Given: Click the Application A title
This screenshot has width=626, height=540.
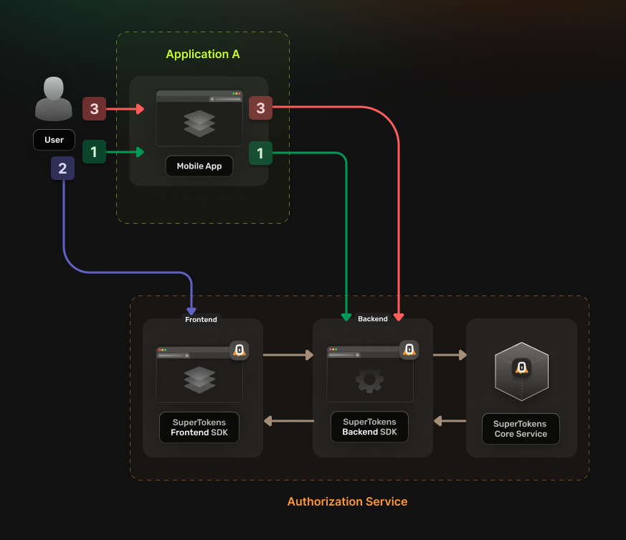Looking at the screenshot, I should (x=203, y=55).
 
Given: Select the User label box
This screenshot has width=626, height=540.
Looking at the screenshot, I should (x=54, y=140).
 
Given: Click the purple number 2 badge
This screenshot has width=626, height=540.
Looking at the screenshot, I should (x=62, y=169).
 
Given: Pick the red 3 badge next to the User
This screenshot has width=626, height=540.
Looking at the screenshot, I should (x=94, y=109).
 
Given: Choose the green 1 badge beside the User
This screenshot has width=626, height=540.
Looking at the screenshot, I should (x=94, y=152).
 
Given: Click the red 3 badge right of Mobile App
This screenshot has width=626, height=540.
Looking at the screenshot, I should (x=260, y=109).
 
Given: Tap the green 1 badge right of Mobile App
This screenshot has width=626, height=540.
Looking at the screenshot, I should (x=260, y=153).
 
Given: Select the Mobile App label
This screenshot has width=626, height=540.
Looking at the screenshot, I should (x=199, y=166).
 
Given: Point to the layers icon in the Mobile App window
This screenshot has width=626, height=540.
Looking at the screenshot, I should (x=199, y=123).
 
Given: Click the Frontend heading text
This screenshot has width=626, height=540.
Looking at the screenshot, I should (x=201, y=319).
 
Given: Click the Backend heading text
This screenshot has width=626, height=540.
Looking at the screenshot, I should (x=373, y=319).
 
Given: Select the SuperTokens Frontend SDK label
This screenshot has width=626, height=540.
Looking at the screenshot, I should (x=199, y=428).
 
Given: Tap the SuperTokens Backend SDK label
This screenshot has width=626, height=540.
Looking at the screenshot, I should (x=370, y=427).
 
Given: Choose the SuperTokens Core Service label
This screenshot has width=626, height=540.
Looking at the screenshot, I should (x=521, y=429).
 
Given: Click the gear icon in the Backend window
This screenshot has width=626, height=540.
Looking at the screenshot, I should (x=369, y=379).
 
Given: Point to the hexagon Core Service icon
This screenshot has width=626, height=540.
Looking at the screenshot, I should (x=521, y=371).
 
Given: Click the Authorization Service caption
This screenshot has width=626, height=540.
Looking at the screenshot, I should (x=347, y=502).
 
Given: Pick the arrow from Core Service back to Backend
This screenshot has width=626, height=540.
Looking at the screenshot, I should (x=450, y=421).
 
